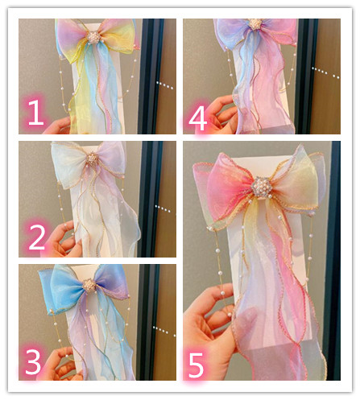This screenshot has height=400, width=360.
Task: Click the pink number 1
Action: (35, 112)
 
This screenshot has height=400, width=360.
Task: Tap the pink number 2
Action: (37, 237)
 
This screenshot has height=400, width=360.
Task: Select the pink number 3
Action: (33, 361)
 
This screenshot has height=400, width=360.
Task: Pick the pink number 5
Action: (196, 365)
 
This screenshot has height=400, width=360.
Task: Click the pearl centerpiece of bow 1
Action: (94, 38)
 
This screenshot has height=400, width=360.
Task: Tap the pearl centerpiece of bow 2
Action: (92, 159)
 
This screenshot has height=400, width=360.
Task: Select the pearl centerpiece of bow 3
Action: (89, 286)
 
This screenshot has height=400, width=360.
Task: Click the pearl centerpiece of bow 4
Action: (254, 24)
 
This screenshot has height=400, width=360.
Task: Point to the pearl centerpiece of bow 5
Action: (262, 188)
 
